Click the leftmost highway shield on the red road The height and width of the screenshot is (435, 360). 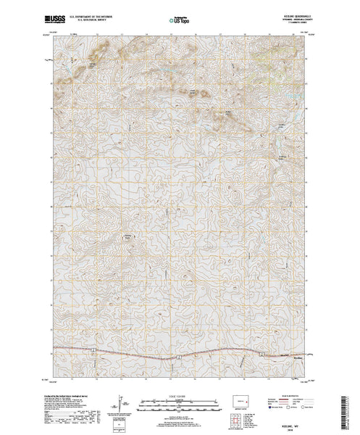[93, 350]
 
